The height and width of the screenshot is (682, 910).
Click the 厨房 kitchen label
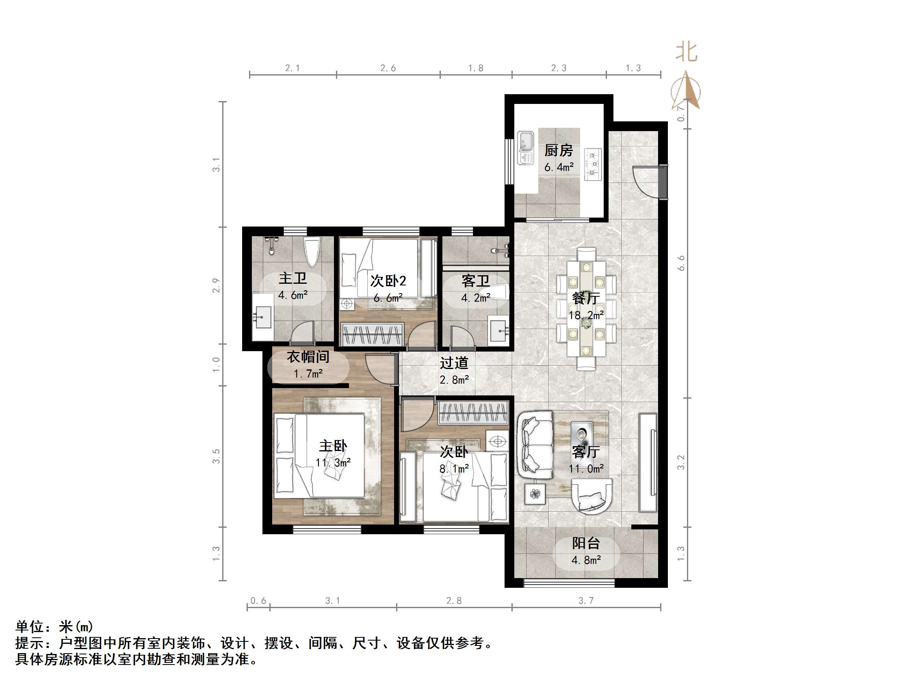point(558,151)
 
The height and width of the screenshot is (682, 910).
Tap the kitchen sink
point(525,148)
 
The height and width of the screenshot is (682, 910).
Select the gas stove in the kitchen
point(593,164)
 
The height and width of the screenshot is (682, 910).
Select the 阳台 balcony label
point(586,543)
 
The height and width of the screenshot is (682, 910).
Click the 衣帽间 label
point(308,357)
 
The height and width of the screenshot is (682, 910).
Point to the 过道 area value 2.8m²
point(454,380)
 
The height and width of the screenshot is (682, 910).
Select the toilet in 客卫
point(499,292)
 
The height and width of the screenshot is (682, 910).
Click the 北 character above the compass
point(686,52)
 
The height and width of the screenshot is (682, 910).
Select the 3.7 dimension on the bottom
point(586,600)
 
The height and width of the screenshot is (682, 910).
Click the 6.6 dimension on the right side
point(681,263)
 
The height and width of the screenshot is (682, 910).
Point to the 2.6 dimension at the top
point(388,68)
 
